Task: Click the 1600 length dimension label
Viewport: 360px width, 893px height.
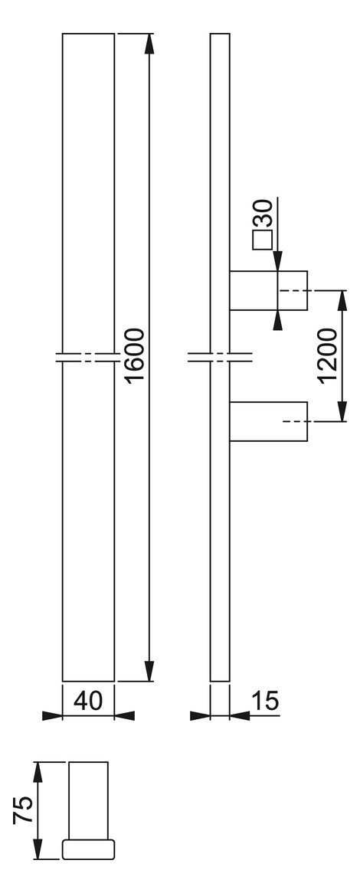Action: [136, 355]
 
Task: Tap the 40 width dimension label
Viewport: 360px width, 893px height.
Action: [88, 700]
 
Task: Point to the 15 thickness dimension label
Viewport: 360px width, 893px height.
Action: [265, 700]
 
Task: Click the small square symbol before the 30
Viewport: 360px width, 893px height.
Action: [262, 241]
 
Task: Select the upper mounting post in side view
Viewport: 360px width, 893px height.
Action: [268, 290]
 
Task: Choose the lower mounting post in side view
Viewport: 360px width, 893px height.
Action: [268, 421]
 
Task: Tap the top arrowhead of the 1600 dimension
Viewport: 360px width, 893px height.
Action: [149, 44]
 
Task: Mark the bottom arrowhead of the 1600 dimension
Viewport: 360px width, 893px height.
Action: [149, 669]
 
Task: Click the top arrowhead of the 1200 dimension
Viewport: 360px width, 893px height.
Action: [342, 301]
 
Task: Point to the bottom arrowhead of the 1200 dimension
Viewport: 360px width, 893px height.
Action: [342, 411]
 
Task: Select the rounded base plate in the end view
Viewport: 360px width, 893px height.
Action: [88, 849]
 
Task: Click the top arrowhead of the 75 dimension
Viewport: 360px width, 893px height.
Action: [38, 772]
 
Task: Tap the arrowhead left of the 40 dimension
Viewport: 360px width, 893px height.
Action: [52, 716]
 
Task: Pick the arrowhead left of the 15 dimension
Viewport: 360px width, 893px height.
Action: [200, 716]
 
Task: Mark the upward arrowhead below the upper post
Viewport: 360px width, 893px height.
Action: [277, 320]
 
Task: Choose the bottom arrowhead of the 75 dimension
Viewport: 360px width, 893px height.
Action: [38, 849]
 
